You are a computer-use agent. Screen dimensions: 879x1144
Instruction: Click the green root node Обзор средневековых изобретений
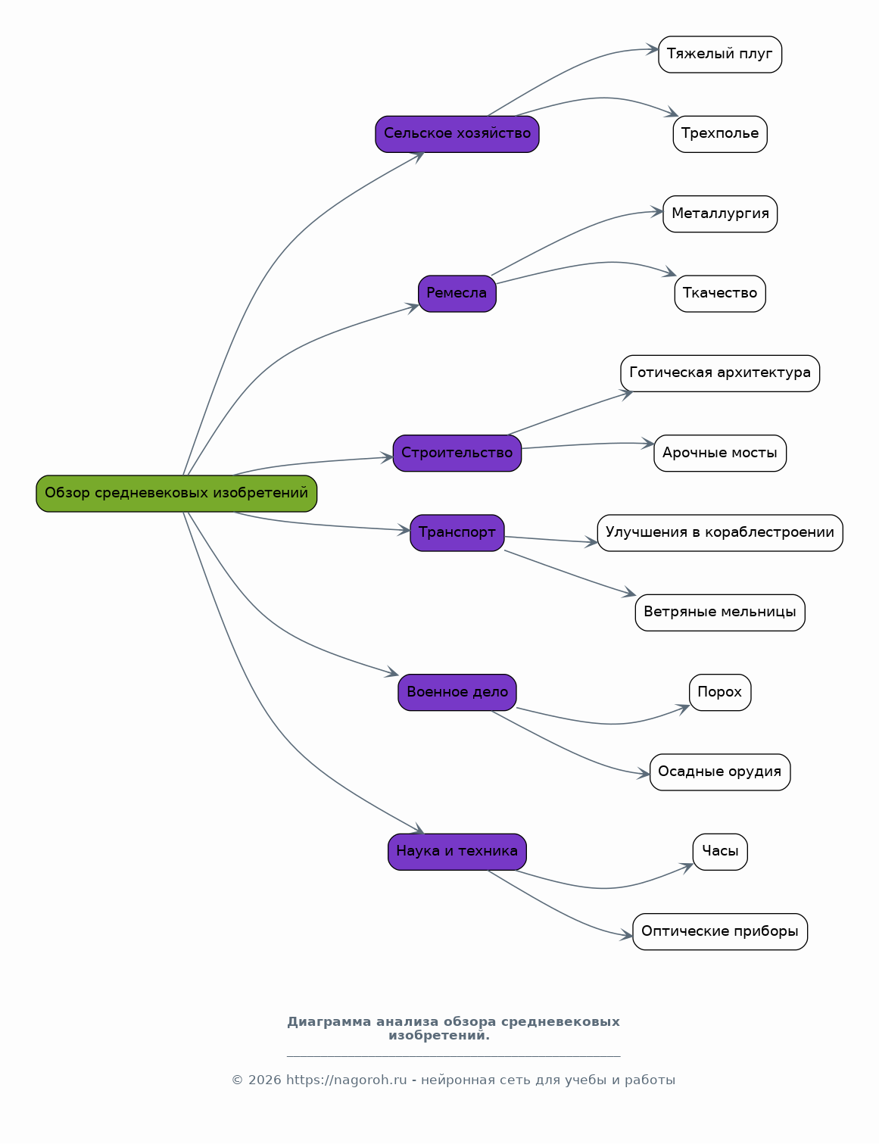176,494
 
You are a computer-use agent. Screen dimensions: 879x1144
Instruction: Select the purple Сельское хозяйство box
457,134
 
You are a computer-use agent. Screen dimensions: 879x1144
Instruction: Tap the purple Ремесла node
457,294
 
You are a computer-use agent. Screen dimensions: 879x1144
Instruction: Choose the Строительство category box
457,454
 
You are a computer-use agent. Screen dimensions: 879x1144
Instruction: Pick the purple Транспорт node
457,533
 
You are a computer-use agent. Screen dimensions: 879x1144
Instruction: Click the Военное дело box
457,692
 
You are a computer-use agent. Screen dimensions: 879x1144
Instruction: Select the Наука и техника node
457,852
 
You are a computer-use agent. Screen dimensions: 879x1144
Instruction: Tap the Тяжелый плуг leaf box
720,55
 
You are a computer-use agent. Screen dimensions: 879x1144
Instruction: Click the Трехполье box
720,134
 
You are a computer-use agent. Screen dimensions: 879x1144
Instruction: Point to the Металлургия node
720,214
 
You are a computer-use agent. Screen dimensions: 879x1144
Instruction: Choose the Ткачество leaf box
720,294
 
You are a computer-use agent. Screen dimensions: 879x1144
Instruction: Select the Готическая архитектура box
720,373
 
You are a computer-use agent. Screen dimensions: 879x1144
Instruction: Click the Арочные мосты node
720,454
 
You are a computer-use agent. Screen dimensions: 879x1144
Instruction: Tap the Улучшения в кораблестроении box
720,533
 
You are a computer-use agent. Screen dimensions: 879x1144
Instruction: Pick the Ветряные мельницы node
720,613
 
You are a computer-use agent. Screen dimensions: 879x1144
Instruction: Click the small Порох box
720,692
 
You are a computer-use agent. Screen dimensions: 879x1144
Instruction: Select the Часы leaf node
720,852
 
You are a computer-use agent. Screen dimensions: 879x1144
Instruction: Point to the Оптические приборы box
720,932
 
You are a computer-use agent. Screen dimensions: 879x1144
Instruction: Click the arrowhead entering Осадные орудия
644,774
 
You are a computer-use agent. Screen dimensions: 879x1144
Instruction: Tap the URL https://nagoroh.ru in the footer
346,1080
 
